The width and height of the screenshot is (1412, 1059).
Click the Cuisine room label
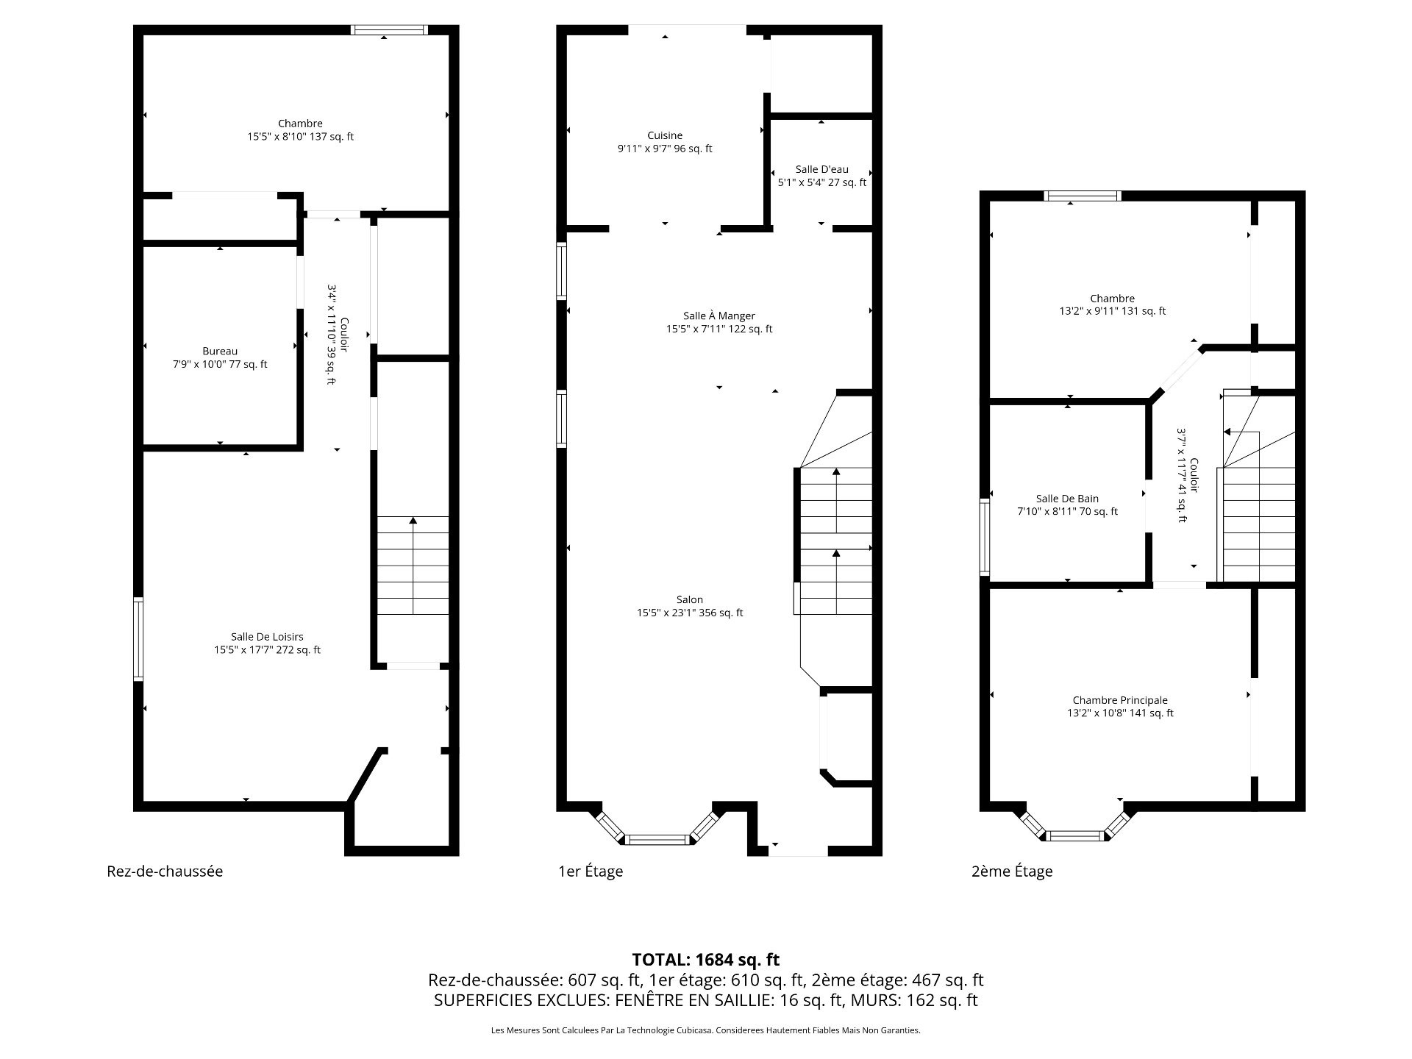pos(665,135)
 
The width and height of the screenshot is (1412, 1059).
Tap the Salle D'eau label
pos(821,169)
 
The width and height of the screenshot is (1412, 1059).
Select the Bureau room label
pos(220,352)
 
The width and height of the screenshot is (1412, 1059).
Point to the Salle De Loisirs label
pos(267,637)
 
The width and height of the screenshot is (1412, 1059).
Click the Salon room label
pos(690,600)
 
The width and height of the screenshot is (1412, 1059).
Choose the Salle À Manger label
pos(719,316)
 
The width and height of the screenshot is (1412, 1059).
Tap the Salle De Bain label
pos(1067,499)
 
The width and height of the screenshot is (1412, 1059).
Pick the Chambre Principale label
pos(1120,700)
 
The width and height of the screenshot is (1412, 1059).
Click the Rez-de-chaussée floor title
pos(165,871)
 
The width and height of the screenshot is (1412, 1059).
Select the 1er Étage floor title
pos(591,871)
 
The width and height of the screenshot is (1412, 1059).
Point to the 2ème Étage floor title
pos(1012,871)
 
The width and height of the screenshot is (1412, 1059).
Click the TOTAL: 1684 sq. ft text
pos(706,960)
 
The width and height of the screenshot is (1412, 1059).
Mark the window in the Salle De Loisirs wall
pos(138,639)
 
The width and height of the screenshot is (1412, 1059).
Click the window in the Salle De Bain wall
pos(984,537)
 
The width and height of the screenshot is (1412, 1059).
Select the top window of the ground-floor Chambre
pos(389,30)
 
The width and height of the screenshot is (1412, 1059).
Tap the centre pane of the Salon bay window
pos(657,839)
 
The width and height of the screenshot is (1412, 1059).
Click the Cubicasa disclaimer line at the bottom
pos(706,1030)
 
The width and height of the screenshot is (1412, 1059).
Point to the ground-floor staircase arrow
pos(413,566)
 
